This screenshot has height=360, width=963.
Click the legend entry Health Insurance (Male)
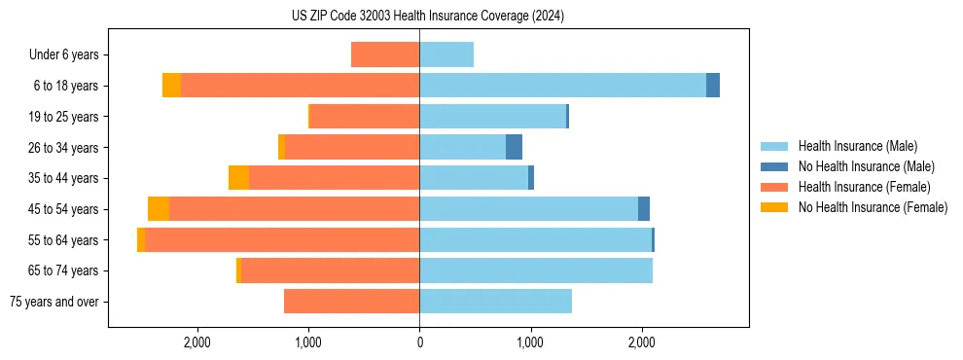coord(857,146)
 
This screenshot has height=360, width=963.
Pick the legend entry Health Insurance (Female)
coord(864,187)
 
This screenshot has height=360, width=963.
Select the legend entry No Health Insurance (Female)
coord(873,207)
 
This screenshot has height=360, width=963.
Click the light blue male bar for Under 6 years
coord(446,54)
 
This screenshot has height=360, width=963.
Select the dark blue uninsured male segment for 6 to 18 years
coord(713,86)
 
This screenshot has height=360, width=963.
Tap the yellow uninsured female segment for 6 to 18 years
coord(171,86)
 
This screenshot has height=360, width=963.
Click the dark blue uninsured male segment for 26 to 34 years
coord(514,147)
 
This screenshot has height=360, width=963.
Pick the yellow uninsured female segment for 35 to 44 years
coord(238,178)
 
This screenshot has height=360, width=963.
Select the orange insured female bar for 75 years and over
coord(351,302)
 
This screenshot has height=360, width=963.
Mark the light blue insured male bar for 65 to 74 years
coord(536,270)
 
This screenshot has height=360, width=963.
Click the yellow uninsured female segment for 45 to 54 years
coord(159,209)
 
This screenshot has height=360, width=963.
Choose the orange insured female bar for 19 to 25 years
coord(364,117)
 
